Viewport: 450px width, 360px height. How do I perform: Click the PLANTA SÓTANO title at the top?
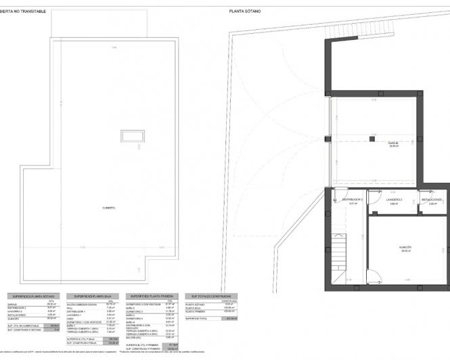tap(245, 11)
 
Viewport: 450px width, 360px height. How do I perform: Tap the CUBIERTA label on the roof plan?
tap(109, 208)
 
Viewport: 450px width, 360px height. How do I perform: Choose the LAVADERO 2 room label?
tap(395, 200)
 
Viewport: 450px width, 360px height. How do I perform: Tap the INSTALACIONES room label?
tap(432, 200)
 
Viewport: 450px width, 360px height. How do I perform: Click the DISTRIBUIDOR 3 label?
tap(353, 200)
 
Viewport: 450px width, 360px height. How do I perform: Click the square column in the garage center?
tap(372, 138)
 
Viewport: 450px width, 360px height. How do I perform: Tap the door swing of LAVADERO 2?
tap(374, 208)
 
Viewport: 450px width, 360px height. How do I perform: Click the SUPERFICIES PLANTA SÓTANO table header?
tap(33, 296)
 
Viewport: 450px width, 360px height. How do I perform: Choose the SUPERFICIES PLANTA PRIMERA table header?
tap(153, 296)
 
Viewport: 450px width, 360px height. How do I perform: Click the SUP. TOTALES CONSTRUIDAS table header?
tap(211, 296)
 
